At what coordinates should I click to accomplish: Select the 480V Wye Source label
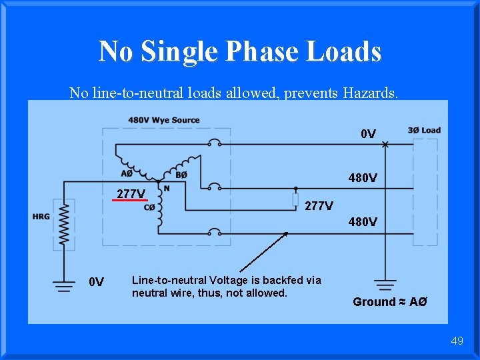click(164, 120)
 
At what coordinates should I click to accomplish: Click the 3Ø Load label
click(424, 130)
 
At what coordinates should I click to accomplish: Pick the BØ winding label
click(180, 175)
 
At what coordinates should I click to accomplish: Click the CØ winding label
click(151, 207)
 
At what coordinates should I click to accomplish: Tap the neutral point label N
click(167, 188)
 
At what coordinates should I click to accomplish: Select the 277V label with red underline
click(131, 194)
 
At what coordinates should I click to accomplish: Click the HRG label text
click(41, 216)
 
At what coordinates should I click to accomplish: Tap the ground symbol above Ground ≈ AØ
click(384, 284)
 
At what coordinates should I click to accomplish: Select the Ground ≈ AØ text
click(389, 302)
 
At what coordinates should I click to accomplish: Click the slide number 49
click(457, 341)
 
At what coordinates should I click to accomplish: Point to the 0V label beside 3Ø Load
click(368, 135)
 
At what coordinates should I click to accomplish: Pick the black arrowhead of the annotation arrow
click(285, 235)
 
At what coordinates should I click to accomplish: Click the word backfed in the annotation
click(278, 280)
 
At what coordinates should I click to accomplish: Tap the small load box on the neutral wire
click(295, 199)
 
